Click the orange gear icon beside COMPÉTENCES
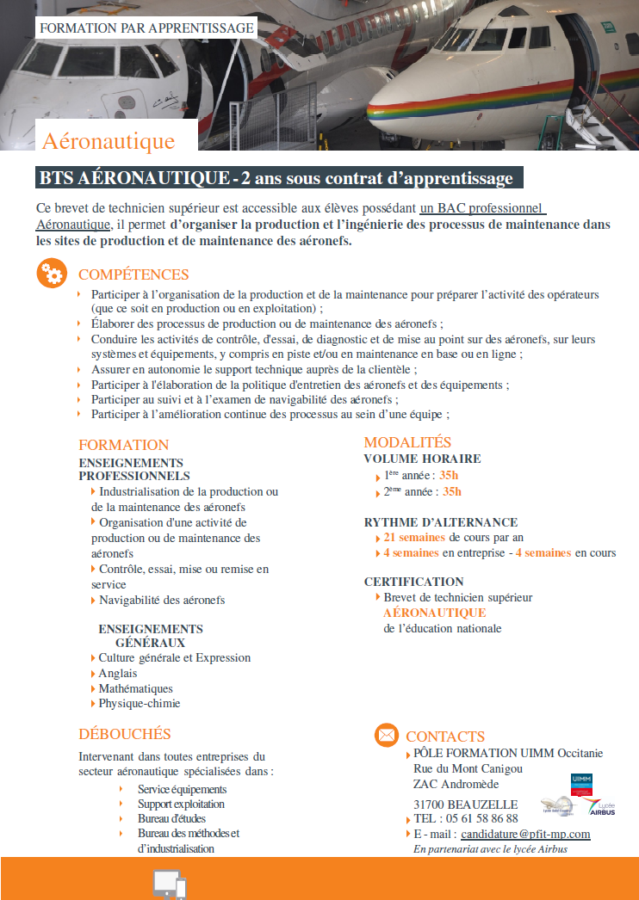pos(51,273)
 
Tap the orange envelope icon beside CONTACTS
pos(387,736)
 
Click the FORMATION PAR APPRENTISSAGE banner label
pos(147,28)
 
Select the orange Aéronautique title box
pos(109,140)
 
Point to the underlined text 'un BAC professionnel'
pos(483,208)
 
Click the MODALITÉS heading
pos(407,441)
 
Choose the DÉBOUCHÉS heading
pos(125,734)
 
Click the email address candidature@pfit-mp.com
pos(525,834)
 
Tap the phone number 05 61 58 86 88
pos(478,818)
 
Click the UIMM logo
pos(581,784)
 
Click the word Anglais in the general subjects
pos(118,673)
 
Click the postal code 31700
pos(431,804)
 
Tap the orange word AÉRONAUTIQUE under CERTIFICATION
pos(434,613)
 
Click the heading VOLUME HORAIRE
pos(422,459)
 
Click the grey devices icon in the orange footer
pos(170,885)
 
